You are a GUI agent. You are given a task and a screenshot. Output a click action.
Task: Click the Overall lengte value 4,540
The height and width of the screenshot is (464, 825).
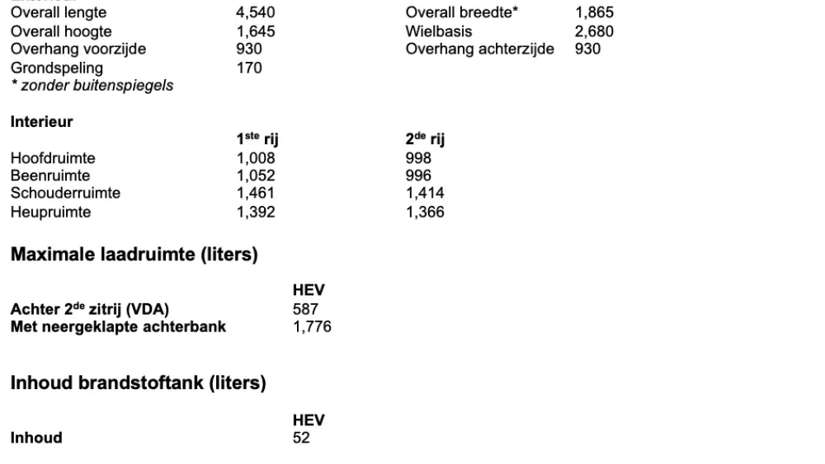[255, 13]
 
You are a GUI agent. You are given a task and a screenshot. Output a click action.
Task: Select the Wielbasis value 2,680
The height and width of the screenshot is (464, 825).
[594, 31]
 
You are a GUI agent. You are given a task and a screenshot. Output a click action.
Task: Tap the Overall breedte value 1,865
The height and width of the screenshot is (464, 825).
[594, 13]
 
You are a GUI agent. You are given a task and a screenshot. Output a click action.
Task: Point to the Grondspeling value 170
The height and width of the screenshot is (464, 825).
[249, 68]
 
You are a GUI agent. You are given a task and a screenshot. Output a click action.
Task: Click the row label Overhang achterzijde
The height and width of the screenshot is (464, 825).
[479, 49]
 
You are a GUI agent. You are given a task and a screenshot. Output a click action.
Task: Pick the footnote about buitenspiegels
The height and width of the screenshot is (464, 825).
[92, 85]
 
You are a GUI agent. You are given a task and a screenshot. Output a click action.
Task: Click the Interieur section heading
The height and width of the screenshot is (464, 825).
[42, 122]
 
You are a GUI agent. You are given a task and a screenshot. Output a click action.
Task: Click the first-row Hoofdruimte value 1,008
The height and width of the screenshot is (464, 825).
[255, 158]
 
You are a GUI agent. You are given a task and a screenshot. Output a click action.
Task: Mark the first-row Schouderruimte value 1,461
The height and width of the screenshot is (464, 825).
[255, 194]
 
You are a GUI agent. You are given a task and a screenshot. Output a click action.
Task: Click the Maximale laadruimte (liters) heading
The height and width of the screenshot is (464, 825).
[134, 255]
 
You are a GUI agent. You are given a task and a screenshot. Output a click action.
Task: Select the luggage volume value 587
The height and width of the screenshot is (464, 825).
[305, 310]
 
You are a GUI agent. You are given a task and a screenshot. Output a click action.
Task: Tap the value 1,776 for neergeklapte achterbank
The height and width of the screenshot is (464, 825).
[312, 327]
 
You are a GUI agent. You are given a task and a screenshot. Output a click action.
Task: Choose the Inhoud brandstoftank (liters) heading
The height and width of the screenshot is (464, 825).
[138, 383]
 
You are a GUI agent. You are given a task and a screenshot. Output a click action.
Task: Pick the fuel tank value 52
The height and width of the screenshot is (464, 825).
[301, 438]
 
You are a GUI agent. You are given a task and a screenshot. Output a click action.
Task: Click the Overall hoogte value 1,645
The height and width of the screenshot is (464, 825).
[255, 31]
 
